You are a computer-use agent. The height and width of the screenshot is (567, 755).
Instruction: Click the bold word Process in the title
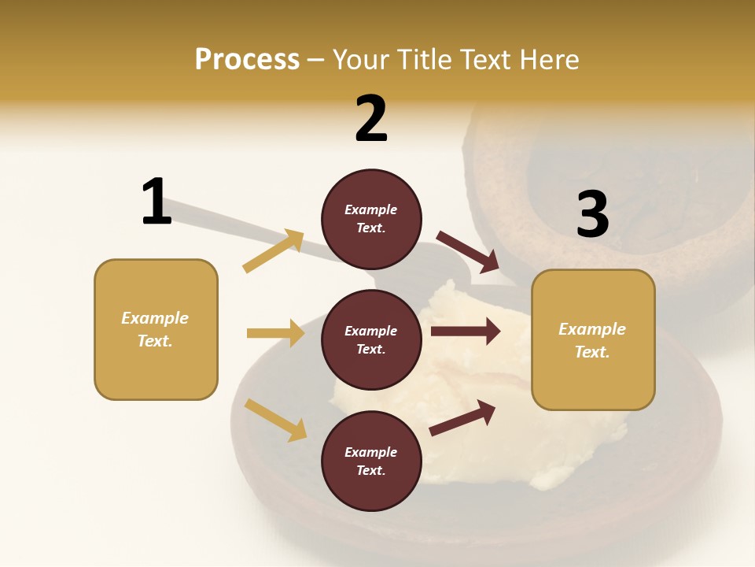[247, 59]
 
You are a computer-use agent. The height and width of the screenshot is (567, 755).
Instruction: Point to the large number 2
[371, 119]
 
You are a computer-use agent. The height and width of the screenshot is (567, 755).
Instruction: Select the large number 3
[593, 214]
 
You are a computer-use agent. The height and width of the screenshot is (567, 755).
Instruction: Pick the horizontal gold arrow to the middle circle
[275, 333]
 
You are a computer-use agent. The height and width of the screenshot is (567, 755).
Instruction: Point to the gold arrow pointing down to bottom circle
[275, 419]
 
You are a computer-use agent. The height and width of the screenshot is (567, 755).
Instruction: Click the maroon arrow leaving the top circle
[469, 251]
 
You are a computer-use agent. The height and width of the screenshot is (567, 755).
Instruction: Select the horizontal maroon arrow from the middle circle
[466, 332]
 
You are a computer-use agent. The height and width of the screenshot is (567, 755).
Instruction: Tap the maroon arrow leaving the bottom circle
[462, 418]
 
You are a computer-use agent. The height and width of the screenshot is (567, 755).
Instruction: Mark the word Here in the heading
[550, 60]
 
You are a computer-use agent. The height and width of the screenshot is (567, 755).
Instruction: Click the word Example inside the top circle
[371, 209]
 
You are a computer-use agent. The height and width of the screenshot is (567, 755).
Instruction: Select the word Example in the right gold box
[592, 329]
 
